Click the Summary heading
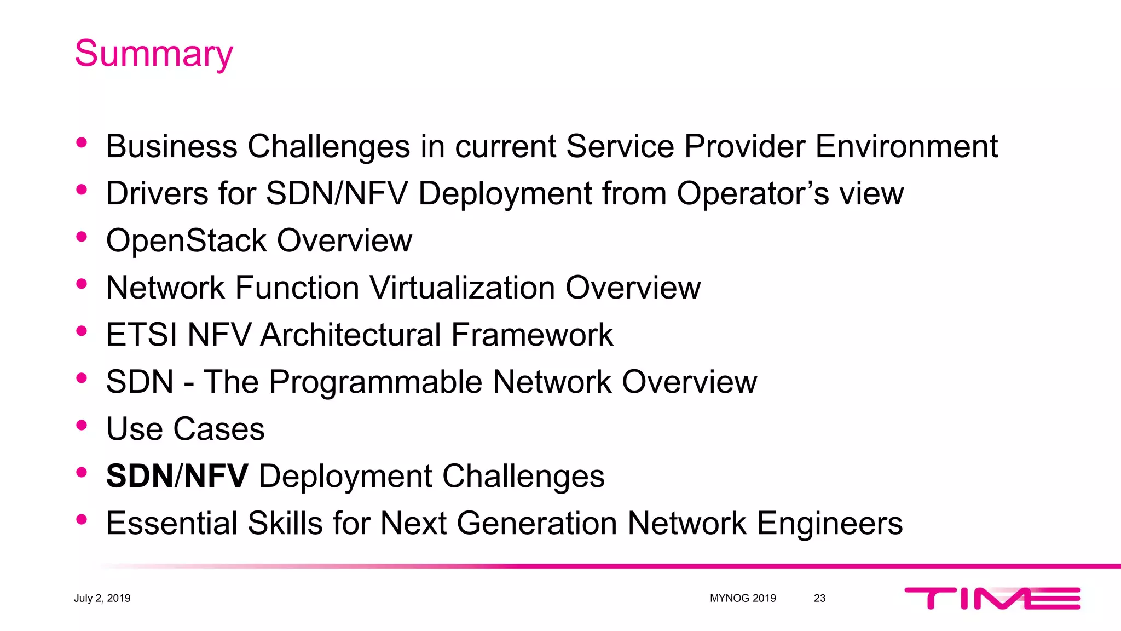click(154, 54)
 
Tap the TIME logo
click(992, 598)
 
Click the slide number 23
click(819, 598)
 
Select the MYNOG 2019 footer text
click(743, 598)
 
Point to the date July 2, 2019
click(102, 598)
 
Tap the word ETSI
click(141, 335)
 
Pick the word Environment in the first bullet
click(906, 146)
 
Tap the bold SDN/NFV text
click(177, 476)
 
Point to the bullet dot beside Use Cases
click(82, 425)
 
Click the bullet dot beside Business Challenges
click(82, 143)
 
